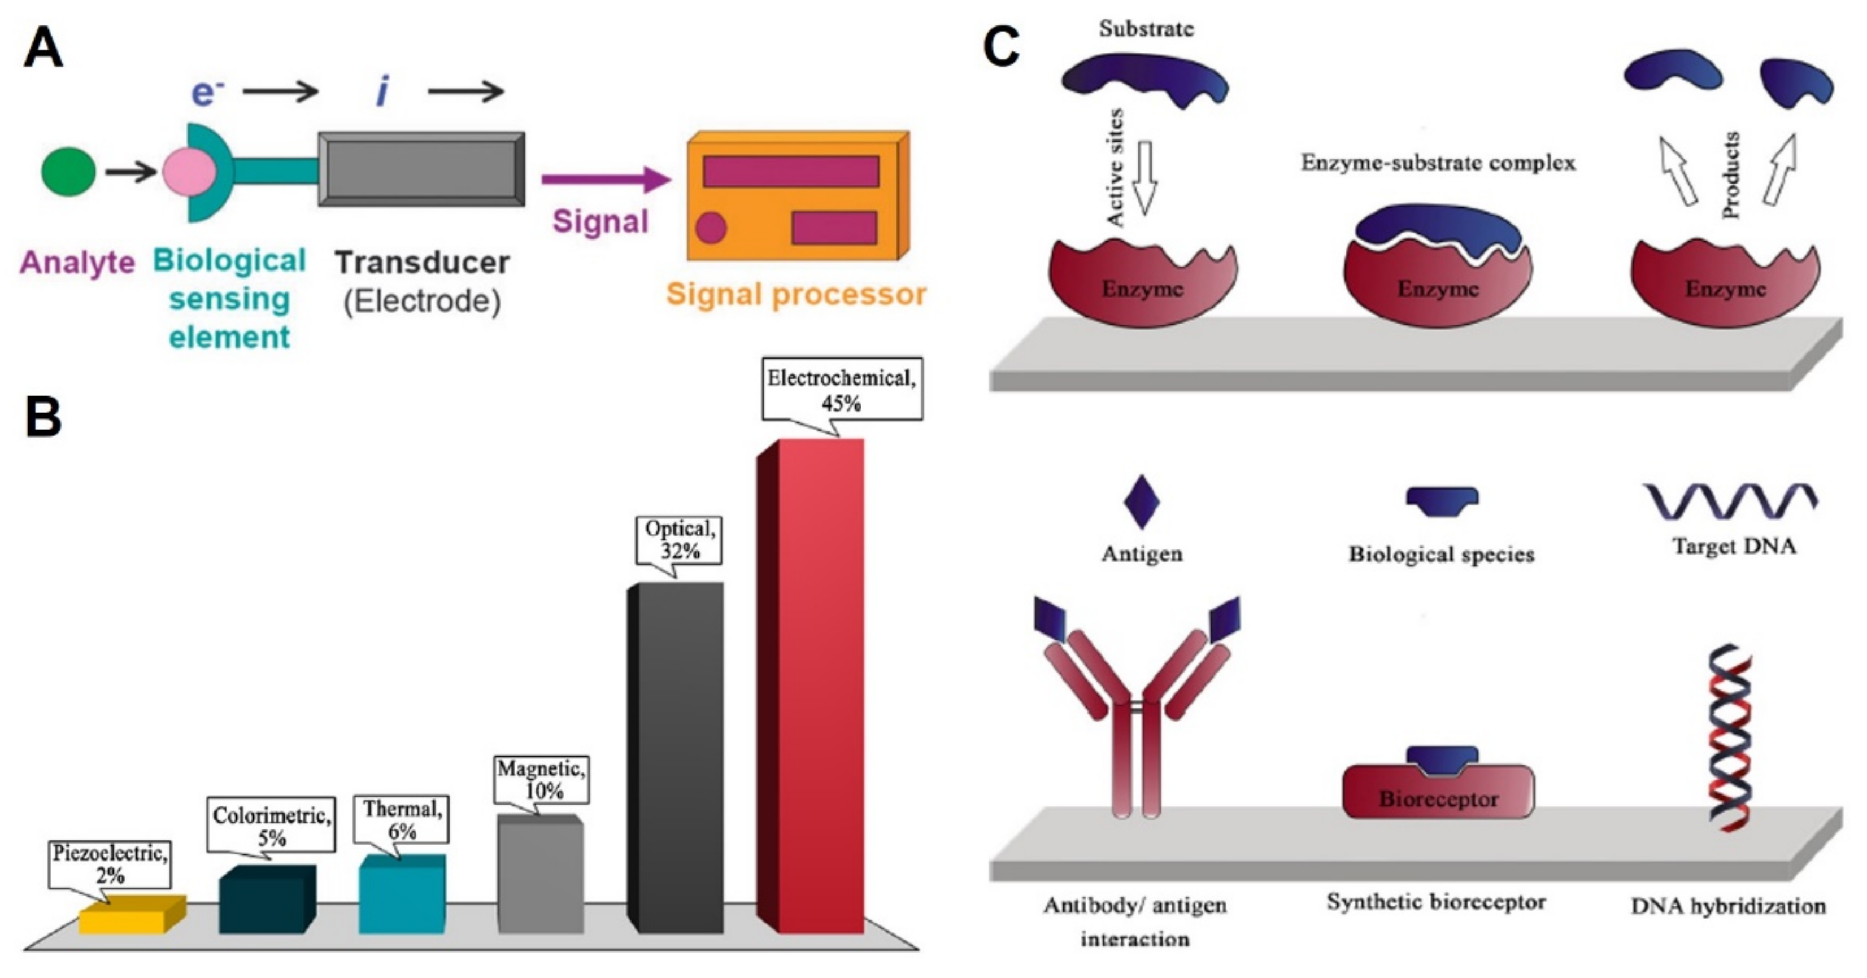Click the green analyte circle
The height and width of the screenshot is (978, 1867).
click(x=68, y=172)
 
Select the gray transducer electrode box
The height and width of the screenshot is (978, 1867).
click(x=421, y=169)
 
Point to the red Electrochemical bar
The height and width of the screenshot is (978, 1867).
click(x=810, y=686)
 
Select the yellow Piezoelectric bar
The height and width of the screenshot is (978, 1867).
click(x=132, y=915)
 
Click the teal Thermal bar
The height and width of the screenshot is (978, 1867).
click(x=402, y=894)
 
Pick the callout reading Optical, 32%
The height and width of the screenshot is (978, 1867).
click(x=679, y=540)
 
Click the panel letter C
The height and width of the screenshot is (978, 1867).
click(x=1001, y=46)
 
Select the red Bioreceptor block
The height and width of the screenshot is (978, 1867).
click(x=1438, y=792)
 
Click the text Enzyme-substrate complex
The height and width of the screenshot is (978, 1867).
click(x=1438, y=163)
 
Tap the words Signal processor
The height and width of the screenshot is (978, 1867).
click(x=796, y=295)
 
